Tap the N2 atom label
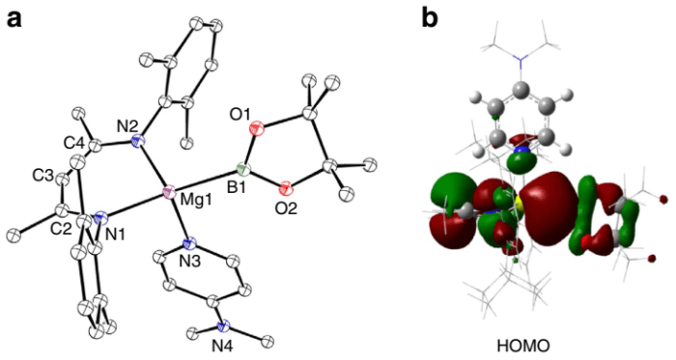(127, 125)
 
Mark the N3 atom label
(166, 257)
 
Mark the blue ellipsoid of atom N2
(137, 143)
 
